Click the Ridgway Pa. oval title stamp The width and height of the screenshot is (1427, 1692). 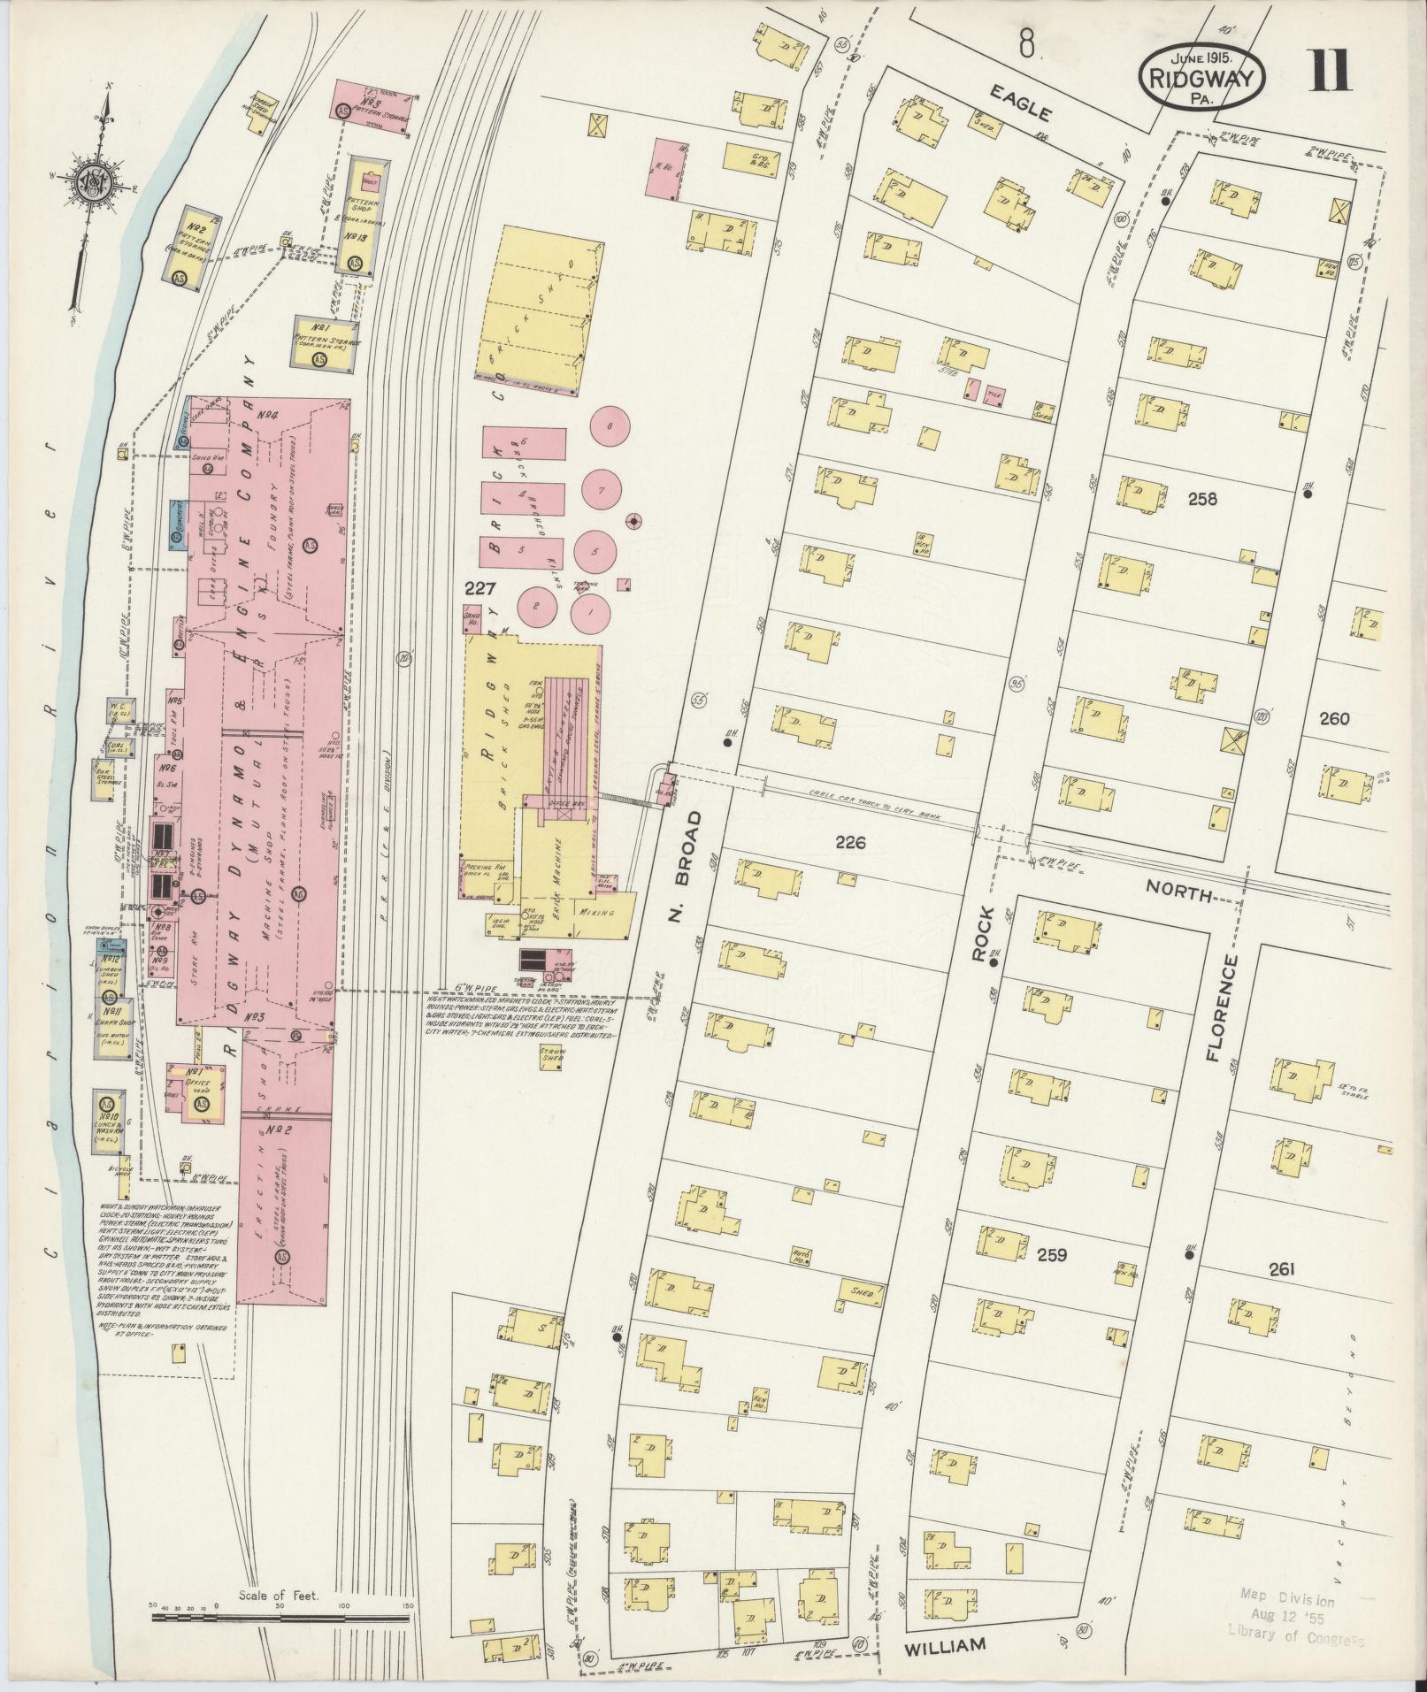pos(1201,77)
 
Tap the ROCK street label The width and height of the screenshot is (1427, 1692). pos(983,932)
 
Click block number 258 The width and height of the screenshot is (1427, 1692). pos(1202,499)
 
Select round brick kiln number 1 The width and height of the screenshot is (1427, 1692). pos(587,610)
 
